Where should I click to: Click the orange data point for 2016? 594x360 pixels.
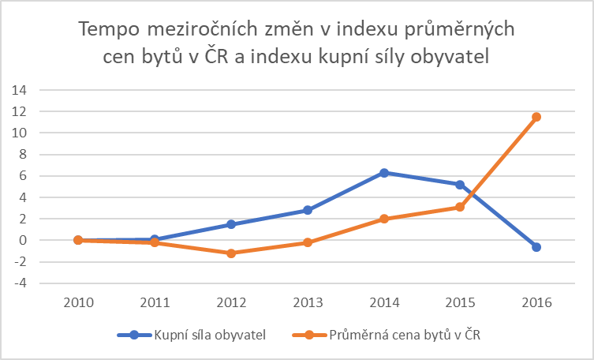pyautogui.click(x=536, y=117)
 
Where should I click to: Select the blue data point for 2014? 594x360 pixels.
pyautogui.click(x=384, y=172)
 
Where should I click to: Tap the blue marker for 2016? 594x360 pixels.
pyautogui.click(x=536, y=247)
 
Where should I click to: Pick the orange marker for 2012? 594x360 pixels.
pyautogui.click(x=231, y=253)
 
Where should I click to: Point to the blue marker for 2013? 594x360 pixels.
pyautogui.click(x=308, y=210)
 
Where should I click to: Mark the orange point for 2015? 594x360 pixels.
pyautogui.click(x=460, y=207)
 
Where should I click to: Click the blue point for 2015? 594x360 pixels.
pyautogui.click(x=460, y=184)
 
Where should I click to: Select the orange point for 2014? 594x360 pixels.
pyautogui.click(x=384, y=219)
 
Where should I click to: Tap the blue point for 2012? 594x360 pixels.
pyautogui.click(x=231, y=224)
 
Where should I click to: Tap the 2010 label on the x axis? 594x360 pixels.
pyautogui.click(x=79, y=303)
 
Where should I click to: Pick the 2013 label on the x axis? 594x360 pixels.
pyautogui.click(x=308, y=303)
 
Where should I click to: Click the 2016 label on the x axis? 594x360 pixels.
pyautogui.click(x=536, y=303)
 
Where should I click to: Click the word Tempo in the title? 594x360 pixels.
pyautogui.click(x=108, y=30)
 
